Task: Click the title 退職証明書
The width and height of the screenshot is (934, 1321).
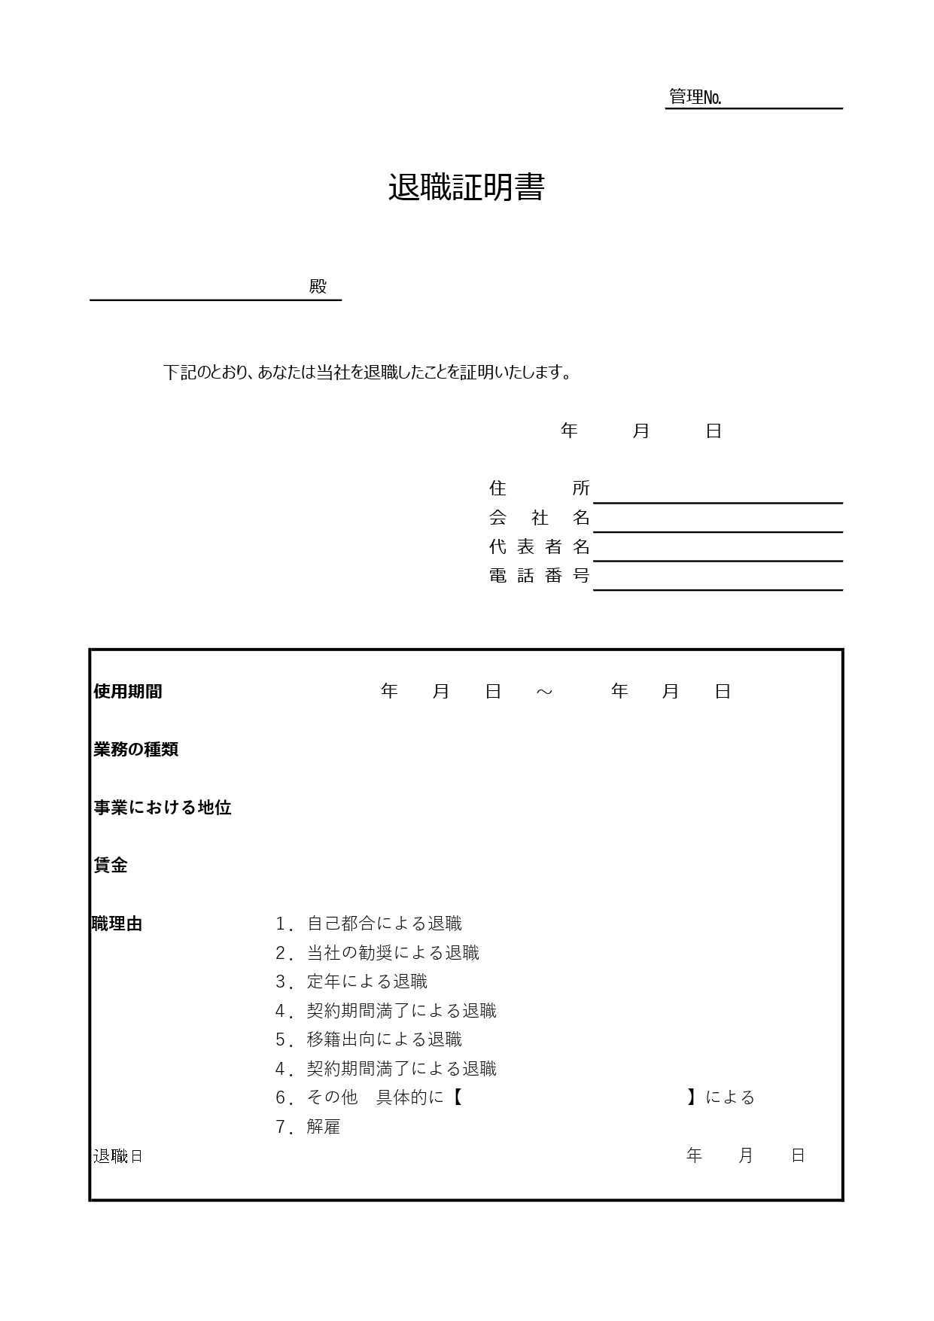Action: tap(466, 188)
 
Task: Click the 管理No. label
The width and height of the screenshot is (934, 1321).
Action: tap(695, 97)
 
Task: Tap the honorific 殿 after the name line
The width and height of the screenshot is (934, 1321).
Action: tap(318, 287)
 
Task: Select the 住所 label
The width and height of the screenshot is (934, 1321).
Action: tap(539, 488)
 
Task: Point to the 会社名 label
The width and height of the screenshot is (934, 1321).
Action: tap(539, 517)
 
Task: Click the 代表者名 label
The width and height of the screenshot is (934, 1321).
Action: tap(539, 546)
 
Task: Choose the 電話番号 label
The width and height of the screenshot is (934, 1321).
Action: tap(539, 576)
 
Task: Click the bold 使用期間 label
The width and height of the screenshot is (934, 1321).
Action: tap(128, 691)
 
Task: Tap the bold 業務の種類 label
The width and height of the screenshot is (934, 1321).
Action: tap(136, 749)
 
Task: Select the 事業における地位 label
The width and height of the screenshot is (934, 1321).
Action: tap(162, 808)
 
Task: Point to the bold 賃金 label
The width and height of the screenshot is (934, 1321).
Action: tap(111, 866)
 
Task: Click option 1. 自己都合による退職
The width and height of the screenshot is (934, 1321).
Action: tap(369, 924)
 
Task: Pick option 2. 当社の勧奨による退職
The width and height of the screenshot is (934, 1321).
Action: tap(377, 953)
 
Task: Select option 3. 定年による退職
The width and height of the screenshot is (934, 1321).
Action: tap(351, 982)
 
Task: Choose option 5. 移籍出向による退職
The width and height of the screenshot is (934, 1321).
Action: tap(369, 1039)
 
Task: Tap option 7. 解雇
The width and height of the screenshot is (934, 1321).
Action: tap(308, 1127)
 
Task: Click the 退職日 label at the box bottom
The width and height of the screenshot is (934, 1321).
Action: tap(118, 1156)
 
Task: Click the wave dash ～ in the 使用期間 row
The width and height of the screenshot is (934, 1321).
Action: tap(544, 692)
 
